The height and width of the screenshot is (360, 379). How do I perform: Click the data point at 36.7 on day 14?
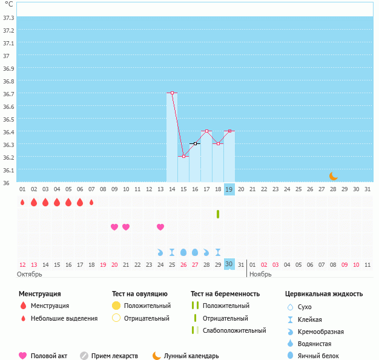172,93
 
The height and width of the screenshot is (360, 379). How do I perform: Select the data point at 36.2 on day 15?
183,157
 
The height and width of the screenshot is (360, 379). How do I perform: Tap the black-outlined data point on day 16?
195,144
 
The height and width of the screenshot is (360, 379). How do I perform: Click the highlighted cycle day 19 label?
229,189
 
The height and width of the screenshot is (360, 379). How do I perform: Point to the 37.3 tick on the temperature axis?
9,18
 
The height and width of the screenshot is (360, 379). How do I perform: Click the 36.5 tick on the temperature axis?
9,119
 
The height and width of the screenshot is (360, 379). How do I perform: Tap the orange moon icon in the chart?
334,176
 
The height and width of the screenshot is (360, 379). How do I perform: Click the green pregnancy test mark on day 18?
218,214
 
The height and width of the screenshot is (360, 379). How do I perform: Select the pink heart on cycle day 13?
160,227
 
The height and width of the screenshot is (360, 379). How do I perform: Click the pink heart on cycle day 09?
114,227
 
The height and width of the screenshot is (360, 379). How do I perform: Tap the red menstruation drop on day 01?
22,202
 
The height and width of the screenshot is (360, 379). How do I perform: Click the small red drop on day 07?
91,202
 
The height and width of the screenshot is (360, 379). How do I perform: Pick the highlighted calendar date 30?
229,264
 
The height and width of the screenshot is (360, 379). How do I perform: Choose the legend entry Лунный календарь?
191,356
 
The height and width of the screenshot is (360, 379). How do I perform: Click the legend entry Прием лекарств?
114,356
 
